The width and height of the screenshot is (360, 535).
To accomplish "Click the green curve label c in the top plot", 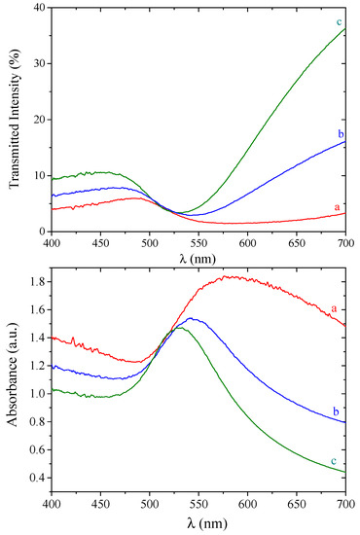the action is (339, 22).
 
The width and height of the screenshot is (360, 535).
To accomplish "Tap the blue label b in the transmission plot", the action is (341, 134).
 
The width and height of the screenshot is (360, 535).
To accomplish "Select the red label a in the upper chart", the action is (338, 207).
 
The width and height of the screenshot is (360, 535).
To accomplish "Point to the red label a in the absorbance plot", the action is (334, 308).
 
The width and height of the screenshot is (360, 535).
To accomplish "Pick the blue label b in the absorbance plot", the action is (336, 411).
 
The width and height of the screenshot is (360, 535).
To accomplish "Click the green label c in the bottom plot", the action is (334, 461).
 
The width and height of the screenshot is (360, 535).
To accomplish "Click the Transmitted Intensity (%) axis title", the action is (15, 119).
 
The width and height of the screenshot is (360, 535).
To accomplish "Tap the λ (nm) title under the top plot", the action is (198, 259).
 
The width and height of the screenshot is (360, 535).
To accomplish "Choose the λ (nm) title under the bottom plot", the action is (207, 522).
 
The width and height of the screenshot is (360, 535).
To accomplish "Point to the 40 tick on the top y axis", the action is (40, 8).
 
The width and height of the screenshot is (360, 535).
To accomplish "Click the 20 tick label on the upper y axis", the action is (40, 120).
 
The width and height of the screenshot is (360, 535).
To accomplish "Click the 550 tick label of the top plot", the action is (198, 242).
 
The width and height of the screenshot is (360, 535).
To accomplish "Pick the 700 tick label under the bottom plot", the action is (345, 504).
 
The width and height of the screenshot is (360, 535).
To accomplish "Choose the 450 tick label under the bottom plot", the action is (100, 504).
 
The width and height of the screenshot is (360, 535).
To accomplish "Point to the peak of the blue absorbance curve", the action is (191, 318).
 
